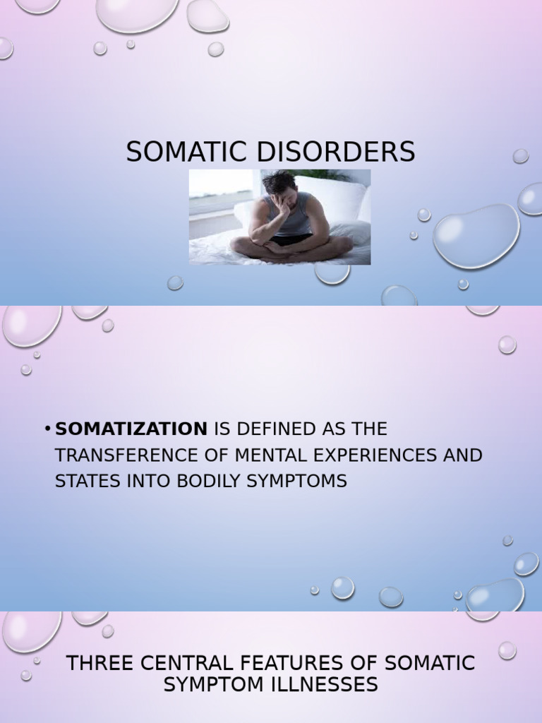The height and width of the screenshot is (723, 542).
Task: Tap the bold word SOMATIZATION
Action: click(x=131, y=429)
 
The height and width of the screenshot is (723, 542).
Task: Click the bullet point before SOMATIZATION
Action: click(x=47, y=429)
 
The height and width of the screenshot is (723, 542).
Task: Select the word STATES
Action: click(x=85, y=482)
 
